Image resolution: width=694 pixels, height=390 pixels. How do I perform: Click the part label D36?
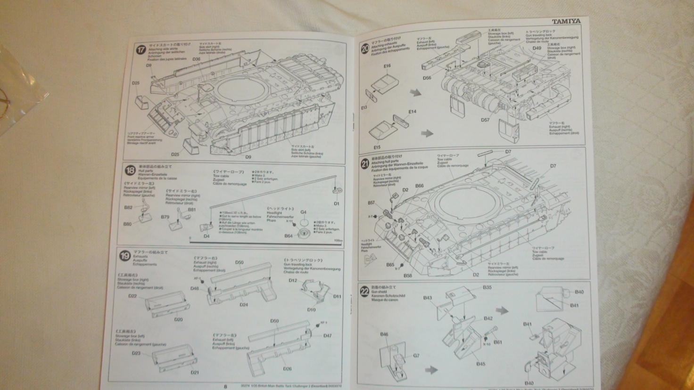click(197, 59)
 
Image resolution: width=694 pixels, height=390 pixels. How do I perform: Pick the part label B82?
click(128, 207)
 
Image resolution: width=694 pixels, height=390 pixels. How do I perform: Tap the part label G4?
click(304, 212)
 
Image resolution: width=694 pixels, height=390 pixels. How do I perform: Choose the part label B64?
click(289, 236)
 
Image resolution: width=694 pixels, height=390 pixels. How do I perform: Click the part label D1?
click(337, 203)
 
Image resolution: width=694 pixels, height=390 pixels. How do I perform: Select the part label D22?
click(132, 296)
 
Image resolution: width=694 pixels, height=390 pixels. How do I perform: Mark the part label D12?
click(293, 281)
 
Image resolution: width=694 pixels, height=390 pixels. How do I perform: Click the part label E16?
click(387, 66)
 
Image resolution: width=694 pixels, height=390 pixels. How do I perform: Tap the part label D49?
click(537, 48)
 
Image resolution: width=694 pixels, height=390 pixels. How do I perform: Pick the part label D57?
click(486, 120)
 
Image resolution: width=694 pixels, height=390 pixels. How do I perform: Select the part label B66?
click(420, 186)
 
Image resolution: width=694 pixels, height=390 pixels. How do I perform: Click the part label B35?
click(487, 287)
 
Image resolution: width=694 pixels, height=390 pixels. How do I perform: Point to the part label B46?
click(384, 334)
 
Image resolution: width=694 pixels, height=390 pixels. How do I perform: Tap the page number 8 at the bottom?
click(225, 386)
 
